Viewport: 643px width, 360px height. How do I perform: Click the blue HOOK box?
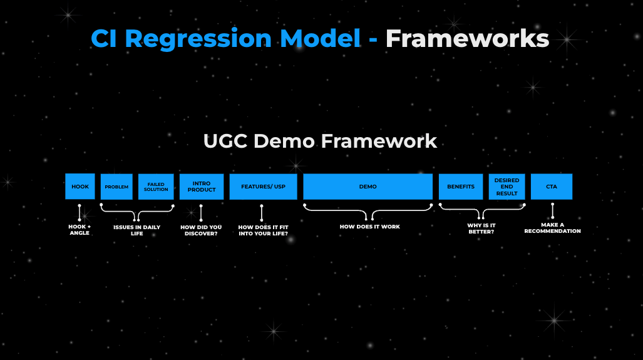(x=80, y=187)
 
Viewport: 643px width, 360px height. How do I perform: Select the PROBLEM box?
(x=116, y=187)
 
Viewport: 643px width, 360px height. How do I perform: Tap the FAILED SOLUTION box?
(x=156, y=187)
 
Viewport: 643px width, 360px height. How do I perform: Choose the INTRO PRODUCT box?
(x=202, y=187)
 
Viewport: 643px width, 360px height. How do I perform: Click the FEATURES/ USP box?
(x=263, y=187)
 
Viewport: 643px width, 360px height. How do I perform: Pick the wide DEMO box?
(x=368, y=187)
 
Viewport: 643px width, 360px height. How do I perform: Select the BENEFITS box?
(x=461, y=187)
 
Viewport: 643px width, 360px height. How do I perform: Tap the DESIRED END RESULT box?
(x=507, y=187)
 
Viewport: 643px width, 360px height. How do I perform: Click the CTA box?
(x=551, y=187)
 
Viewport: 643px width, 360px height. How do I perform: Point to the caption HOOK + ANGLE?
(x=80, y=230)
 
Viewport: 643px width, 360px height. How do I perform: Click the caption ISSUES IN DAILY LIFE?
(x=137, y=230)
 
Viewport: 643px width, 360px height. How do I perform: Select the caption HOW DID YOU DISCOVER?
(x=201, y=230)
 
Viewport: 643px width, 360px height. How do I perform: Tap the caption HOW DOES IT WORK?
(x=369, y=227)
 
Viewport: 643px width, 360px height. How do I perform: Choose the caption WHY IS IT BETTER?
(x=481, y=229)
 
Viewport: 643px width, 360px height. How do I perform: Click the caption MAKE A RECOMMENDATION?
(x=552, y=228)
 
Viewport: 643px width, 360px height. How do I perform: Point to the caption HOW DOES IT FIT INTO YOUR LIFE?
(x=263, y=230)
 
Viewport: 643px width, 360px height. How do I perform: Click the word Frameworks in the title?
(x=467, y=39)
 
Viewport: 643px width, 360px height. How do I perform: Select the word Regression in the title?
(x=198, y=39)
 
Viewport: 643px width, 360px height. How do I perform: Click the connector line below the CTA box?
(x=552, y=210)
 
